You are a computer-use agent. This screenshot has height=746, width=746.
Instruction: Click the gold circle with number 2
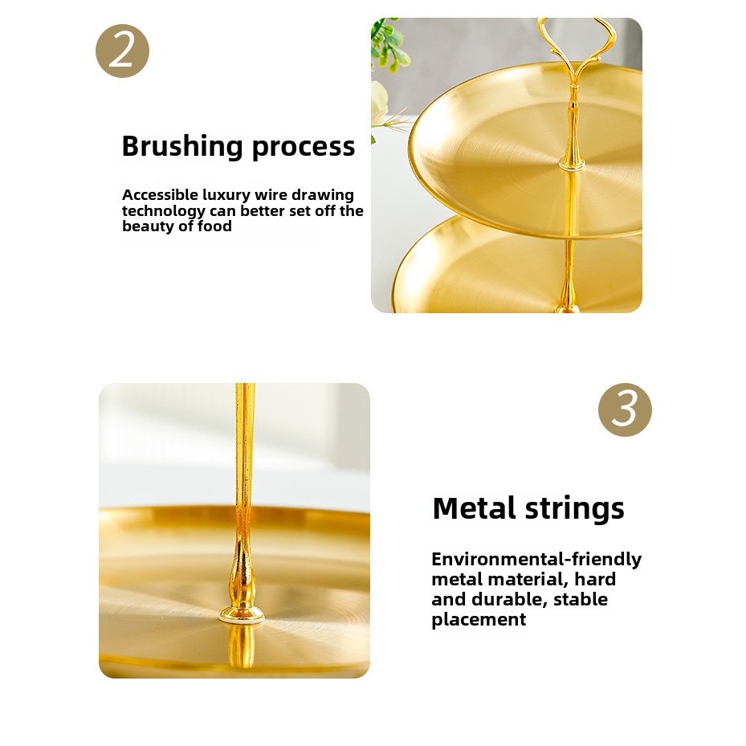tap(122, 51)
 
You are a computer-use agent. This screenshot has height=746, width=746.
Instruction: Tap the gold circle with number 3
tap(625, 410)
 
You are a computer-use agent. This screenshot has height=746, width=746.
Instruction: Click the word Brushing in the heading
tap(183, 146)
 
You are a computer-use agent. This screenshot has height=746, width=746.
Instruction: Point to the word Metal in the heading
tap(475, 508)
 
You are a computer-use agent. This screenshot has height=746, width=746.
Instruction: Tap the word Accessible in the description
tap(160, 194)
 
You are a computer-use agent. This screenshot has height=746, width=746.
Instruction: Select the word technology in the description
tap(164, 211)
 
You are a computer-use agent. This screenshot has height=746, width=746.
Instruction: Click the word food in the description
tap(214, 226)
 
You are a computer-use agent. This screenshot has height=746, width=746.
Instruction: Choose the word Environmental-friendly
tap(536, 560)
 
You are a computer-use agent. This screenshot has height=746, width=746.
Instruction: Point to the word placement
tap(479, 620)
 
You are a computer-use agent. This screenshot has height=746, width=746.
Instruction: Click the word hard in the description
tap(595, 579)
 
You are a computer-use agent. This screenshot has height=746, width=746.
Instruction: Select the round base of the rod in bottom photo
tap(241, 616)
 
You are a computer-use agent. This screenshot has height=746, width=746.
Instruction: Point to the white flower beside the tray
tap(380, 104)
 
